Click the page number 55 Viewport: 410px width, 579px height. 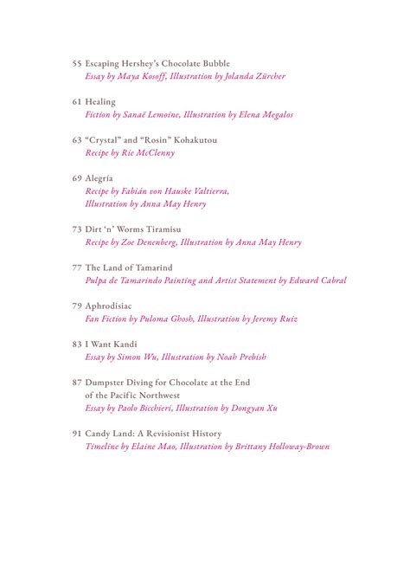click(x=76, y=63)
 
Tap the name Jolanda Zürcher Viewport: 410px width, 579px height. click(x=253, y=76)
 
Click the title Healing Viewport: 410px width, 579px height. click(x=100, y=101)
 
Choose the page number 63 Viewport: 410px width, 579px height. click(x=76, y=139)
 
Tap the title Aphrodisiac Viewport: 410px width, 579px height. click(x=111, y=306)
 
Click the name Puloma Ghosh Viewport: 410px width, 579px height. click(x=163, y=318)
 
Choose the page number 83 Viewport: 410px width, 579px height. click(x=76, y=344)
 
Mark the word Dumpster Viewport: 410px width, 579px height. click(x=108, y=382)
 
